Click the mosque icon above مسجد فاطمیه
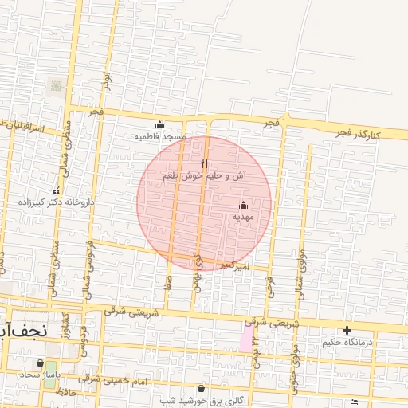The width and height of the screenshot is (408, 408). [x=159, y=124]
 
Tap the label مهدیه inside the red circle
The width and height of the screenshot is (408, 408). [x=243, y=216]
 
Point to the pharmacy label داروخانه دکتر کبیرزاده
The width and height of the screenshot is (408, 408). [x=57, y=202]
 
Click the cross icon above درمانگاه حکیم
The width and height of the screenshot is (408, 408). [x=347, y=330]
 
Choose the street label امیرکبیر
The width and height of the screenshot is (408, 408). [x=236, y=265]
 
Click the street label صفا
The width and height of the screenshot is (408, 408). [x=168, y=280]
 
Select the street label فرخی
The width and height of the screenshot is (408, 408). [x=269, y=286]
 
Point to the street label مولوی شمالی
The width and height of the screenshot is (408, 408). [x=300, y=271]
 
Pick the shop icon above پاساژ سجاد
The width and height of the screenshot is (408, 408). [x=40, y=363]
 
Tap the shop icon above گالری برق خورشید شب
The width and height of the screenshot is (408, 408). [x=201, y=389]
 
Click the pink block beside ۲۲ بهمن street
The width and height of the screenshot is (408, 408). [x=245, y=340]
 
